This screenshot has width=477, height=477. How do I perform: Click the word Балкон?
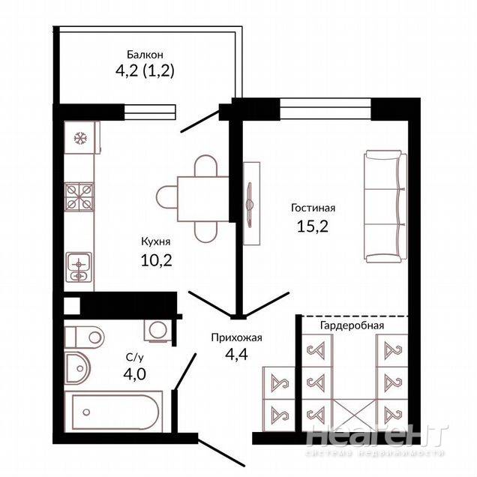click(x=145, y=55)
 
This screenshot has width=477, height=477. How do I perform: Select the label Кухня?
click(x=156, y=241)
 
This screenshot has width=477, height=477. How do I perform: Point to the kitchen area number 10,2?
click(x=156, y=260)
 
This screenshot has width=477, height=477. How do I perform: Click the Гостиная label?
click(x=313, y=208)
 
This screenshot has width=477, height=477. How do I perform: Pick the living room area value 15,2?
click(x=313, y=226)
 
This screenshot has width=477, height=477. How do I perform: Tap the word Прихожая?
click(x=237, y=337)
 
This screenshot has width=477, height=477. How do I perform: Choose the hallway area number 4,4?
click(x=236, y=354)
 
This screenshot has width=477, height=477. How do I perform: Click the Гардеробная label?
click(x=352, y=325)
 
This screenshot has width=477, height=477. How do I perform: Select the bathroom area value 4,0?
click(x=134, y=373)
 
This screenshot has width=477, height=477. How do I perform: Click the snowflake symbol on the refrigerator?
click(x=80, y=139)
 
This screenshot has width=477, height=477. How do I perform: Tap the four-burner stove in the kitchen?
click(x=79, y=196)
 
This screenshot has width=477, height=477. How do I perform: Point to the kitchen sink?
click(x=79, y=268)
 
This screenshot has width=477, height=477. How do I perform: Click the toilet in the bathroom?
click(x=84, y=337)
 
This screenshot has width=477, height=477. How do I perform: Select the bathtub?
click(x=114, y=412)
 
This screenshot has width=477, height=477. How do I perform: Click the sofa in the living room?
click(x=385, y=206)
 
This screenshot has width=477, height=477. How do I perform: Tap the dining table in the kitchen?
click(x=203, y=199)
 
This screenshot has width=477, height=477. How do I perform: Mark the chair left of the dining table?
click(x=167, y=197)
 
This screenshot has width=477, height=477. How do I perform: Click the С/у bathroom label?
click(x=134, y=358)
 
